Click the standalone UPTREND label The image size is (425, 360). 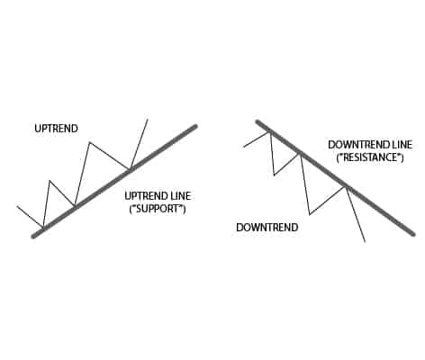click(x=56, y=129)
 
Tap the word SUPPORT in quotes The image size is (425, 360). click(x=158, y=209)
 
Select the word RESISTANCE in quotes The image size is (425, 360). click(x=369, y=157)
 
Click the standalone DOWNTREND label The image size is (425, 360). click(x=267, y=228)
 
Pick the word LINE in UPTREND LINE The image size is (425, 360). click(x=179, y=196)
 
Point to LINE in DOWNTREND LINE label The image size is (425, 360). click(x=401, y=145)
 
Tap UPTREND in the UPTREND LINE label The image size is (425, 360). click(x=145, y=196)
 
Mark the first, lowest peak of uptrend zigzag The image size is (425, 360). click(x=50, y=181)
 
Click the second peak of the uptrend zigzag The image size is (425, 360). click(x=89, y=142)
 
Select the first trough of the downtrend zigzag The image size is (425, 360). click(x=274, y=175)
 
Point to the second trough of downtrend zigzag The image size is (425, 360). click(x=310, y=214)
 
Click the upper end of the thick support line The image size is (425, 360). click(x=195, y=126)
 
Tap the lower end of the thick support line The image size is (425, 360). click(x=33, y=237)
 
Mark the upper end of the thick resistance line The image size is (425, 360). click(x=257, y=121)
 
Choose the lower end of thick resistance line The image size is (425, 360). click(x=413, y=234)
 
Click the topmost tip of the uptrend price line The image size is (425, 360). click(x=148, y=120)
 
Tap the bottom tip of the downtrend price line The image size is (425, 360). click(x=365, y=241)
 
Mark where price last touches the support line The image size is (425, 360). click(x=130, y=169)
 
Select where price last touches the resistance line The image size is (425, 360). click(x=347, y=187)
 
